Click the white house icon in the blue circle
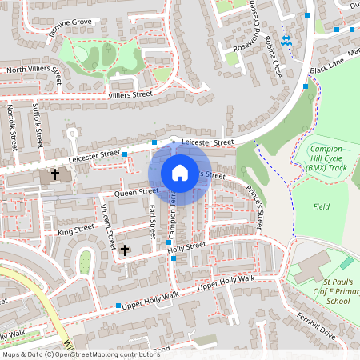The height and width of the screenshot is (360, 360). [x=180, y=172]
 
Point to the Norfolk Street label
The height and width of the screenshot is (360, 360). [x=12, y=128]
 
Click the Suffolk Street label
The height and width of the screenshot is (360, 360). [x=37, y=125]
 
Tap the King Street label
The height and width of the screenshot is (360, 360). [x=76, y=230]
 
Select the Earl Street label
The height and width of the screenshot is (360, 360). [x=152, y=222]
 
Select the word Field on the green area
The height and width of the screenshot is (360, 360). [x=322, y=206]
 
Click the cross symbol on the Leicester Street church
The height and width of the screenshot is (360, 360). [x=55, y=174]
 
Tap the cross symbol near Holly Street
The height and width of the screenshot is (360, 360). [x=124, y=250]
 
